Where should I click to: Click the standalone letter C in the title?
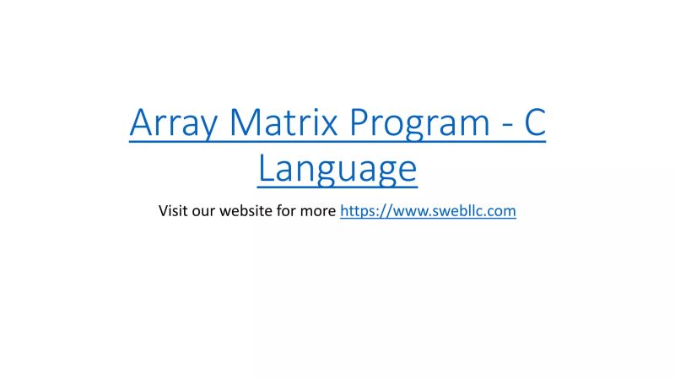[x=535, y=124]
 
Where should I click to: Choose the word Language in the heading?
[x=337, y=169]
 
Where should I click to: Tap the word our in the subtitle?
[x=203, y=211]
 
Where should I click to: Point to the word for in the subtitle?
[x=287, y=210]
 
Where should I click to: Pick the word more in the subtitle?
[x=319, y=211]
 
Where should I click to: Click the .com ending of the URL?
[x=500, y=211]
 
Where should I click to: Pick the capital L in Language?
[x=266, y=167]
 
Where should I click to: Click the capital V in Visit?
[x=163, y=210]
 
